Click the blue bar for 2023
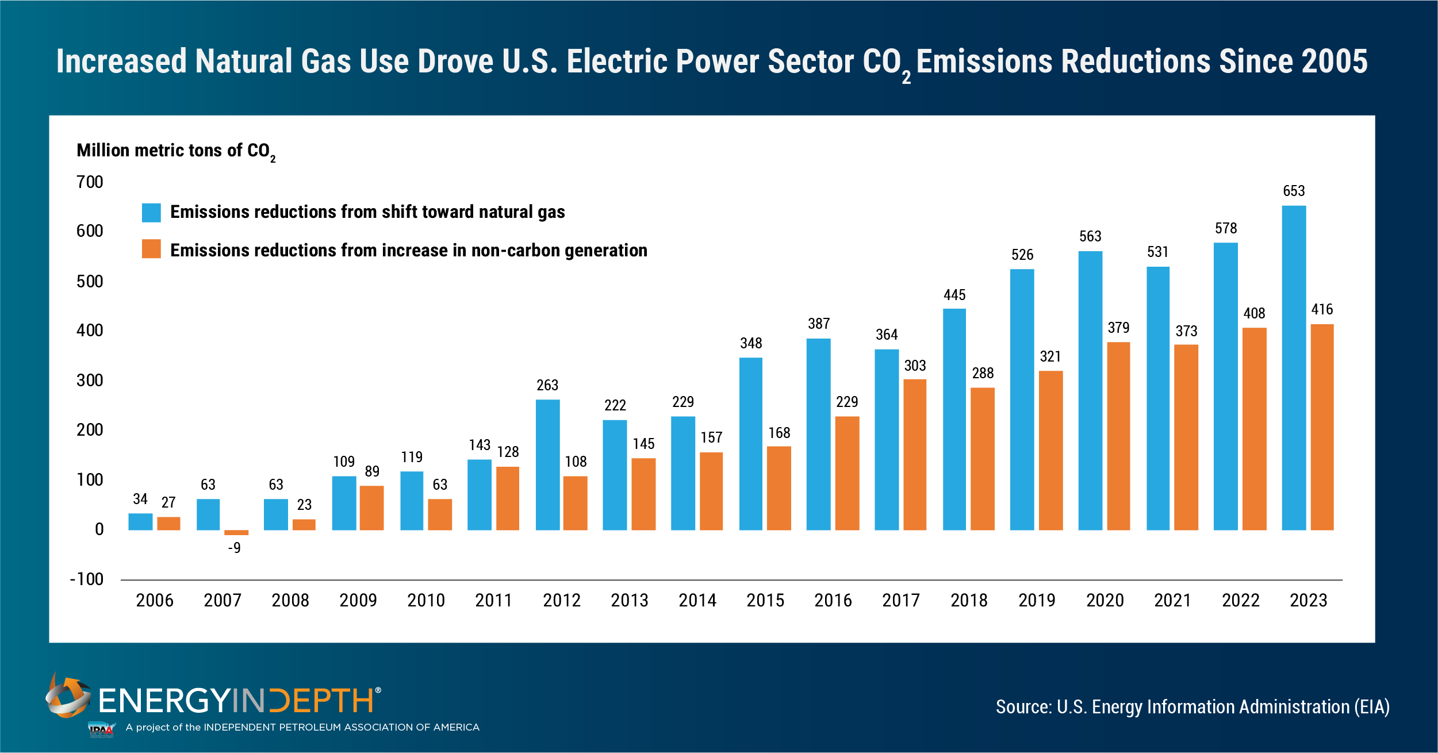[1294, 368]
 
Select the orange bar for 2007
[236, 532]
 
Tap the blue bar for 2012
[547, 464]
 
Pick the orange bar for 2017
[915, 454]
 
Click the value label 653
[1294, 191]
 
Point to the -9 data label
[234, 548]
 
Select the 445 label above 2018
[954, 295]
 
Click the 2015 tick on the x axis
[765, 601]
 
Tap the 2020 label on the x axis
[1105, 601]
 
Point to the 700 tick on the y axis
[90, 182]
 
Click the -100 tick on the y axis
[87, 579]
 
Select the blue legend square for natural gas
[151, 213]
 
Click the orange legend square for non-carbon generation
[151, 249]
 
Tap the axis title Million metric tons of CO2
[175, 151]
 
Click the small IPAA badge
[101, 729]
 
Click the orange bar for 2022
[1254, 429]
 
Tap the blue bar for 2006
[140, 521]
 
